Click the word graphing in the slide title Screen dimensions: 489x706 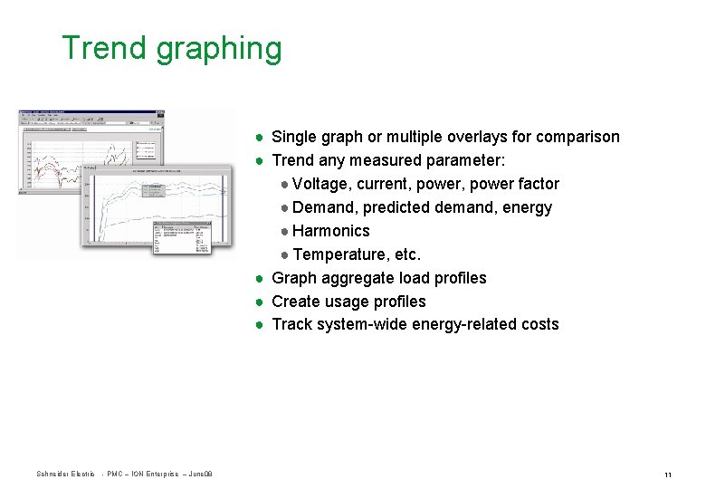click(219, 50)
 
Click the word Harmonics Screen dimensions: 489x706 click(330, 231)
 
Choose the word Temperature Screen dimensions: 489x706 click(340, 254)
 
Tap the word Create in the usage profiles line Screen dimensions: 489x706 click(296, 302)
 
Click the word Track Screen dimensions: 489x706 click(292, 324)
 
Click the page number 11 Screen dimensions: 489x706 click(667, 475)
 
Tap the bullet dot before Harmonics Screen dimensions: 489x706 click(284, 231)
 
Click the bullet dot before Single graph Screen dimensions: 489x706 click(259, 138)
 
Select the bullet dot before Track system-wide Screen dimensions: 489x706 click(259, 324)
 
